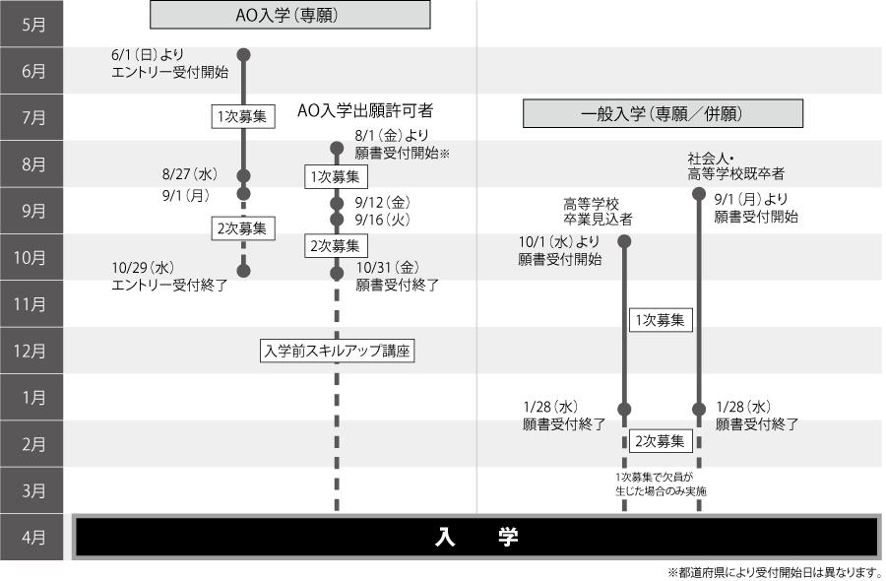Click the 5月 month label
(33, 25)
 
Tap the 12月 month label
(33, 351)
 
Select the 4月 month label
(33, 538)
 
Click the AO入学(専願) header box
(289, 14)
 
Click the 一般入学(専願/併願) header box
(661, 114)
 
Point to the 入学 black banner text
(476, 537)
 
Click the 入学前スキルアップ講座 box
(336, 351)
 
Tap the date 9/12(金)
(383, 202)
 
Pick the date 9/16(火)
(383, 220)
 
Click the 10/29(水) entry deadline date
(144, 267)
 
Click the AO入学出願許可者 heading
(365, 110)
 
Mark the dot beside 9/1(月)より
(699, 194)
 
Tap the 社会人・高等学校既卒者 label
(735, 165)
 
